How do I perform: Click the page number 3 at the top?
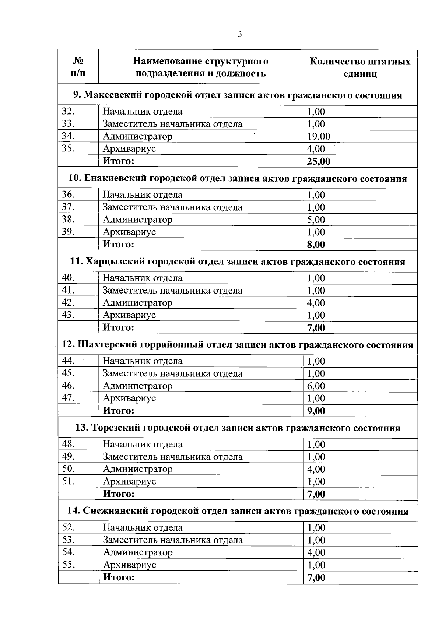[240, 35]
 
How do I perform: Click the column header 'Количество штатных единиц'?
[360, 67]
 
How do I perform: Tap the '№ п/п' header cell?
[78, 67]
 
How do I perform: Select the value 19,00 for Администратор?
[319, 137]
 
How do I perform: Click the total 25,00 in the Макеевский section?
[319, 161]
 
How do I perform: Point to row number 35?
[69, 148]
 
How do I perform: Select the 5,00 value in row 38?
[316, 220]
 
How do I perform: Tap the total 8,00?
[316, 245]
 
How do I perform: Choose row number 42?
[69, 303]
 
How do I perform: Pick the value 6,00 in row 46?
[316, 386]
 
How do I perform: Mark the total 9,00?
[316, 411]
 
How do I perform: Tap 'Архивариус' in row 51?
[129, 481]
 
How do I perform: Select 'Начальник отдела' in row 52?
[143, 528]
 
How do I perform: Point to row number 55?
[69, 565]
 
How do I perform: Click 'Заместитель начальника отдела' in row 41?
[172, 291]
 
